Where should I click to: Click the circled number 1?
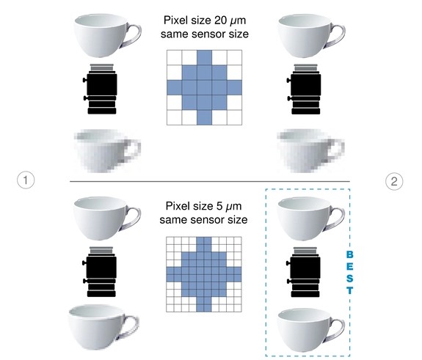(x=26, y=180)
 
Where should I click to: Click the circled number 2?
(x=394, y=181)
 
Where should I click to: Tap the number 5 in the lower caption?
(x=219, y=206)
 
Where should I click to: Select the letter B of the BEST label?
(x=349, y=254)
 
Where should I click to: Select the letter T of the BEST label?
(x=349, y=290)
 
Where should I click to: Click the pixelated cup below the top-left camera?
(x=107, y=151)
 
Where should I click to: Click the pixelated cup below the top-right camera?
(x=310, y=151)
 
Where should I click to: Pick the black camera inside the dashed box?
(x=304, y=272)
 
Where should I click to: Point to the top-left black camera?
(x=100, y=89)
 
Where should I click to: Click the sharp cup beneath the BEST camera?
(x=311, y=330)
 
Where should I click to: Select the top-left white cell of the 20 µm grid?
(x=174, y=57)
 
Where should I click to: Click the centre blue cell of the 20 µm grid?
(x=204, y=87)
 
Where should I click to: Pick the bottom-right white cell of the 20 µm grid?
(x=234, y=117)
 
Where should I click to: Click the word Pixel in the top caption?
(x=174, y=21)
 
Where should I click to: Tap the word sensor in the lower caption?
(x=205, y=220)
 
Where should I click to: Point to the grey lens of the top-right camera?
(x=306, y=68)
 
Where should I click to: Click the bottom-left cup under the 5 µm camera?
(x=104, y=327)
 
